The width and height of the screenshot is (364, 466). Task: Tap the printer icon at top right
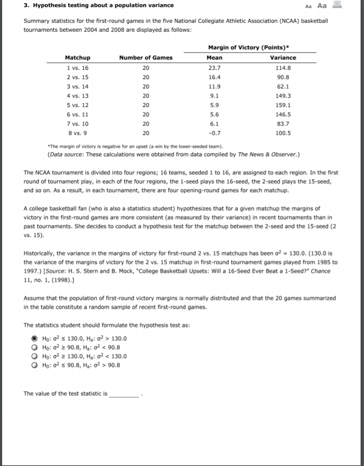click(x=336, y=5)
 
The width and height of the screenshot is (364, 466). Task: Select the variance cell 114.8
click(x=283, y=68)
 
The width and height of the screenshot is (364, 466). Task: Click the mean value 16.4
click(x=215, y=77)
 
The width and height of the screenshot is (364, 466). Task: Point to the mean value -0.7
click(x=215, y=133)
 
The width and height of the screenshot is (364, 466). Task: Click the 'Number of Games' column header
click(x=145, y=58)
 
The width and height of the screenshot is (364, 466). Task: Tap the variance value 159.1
click(x=283, y=105)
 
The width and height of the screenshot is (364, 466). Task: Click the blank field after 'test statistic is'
click(x=125, y=394)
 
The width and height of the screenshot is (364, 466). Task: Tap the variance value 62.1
click(x=283, y=87)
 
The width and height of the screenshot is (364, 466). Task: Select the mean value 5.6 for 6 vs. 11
click(x=215, y=115)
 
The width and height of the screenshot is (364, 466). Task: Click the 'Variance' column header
click(x=283, y=58)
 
